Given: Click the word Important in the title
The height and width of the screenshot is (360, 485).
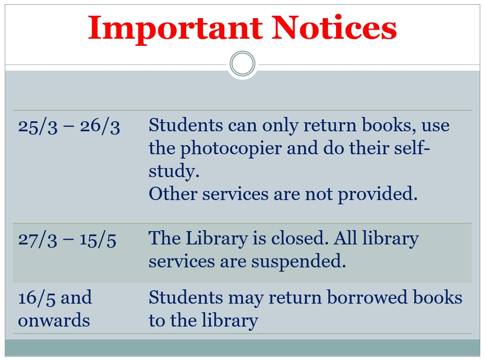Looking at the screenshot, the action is tap(175, 30).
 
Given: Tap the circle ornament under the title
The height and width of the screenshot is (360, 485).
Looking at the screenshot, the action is tap(243, 64).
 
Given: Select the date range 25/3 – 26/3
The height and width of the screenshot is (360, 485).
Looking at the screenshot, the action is tap(69, 126).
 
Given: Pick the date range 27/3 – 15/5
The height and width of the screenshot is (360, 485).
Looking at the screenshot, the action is tap(67, 240).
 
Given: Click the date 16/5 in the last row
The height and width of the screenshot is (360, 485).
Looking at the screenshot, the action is tap(37, 298).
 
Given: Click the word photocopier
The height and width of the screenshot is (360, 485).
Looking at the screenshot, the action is tap(231, 149).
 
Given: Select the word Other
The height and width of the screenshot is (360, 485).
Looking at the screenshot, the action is tap(173, 194).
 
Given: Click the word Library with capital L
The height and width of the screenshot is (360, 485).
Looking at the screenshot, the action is tap(217, 239).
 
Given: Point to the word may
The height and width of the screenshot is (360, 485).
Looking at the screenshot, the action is tap(246, 299).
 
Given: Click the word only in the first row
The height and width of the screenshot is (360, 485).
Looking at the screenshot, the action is tap(280, 126).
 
